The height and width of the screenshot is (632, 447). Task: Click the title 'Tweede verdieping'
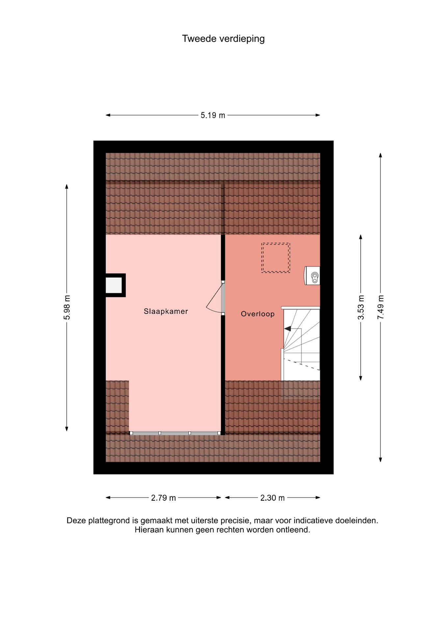point(223,39)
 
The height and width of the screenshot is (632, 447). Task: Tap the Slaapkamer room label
point(166,311)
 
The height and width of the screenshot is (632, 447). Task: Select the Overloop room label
point(258,314)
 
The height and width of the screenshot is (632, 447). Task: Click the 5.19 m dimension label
point(213,115)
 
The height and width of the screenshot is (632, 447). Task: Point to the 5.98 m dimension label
point(67,307)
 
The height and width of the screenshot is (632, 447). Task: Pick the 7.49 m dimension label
point(381,307)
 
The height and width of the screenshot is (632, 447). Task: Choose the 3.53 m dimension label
point(361,307)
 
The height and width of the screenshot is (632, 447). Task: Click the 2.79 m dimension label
point(164,498)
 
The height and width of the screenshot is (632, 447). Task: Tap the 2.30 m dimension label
point(273,498)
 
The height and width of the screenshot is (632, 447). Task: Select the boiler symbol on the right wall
point(312,276)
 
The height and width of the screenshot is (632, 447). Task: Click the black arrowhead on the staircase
point(287,329)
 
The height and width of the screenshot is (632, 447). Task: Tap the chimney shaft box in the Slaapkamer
point(115,285)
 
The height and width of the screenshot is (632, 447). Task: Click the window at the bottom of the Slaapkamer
point(175,433)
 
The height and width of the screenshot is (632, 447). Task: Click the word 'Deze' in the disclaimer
point(76,520)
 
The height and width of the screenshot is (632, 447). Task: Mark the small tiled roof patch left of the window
point(117,406)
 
